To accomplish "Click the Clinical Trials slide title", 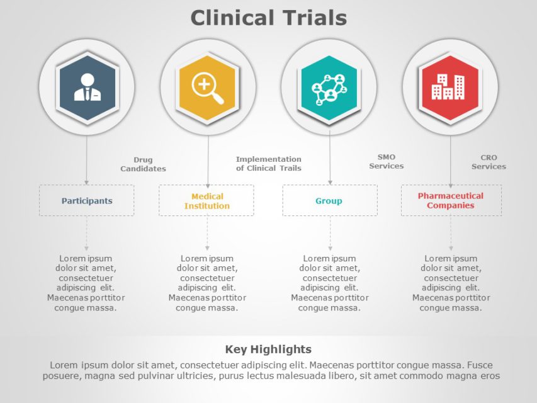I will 268,18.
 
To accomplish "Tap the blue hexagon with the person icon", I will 87,87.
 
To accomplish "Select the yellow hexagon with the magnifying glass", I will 208,87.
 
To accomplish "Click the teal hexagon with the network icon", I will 329,87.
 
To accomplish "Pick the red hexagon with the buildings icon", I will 450,87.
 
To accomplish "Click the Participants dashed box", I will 87,201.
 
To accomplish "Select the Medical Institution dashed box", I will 206,201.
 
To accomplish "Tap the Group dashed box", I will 329,201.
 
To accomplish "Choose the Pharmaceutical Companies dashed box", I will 451,201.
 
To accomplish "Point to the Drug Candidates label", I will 143,164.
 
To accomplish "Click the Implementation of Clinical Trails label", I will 269,164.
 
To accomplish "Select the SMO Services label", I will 386,162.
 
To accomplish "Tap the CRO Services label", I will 489,162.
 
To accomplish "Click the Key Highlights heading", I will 268,349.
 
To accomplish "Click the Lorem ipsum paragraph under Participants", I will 86,283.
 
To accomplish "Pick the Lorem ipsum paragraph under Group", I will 329,283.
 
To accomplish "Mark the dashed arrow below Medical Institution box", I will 207,234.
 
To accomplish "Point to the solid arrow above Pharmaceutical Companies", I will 450,161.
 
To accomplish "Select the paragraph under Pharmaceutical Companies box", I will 451,283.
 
